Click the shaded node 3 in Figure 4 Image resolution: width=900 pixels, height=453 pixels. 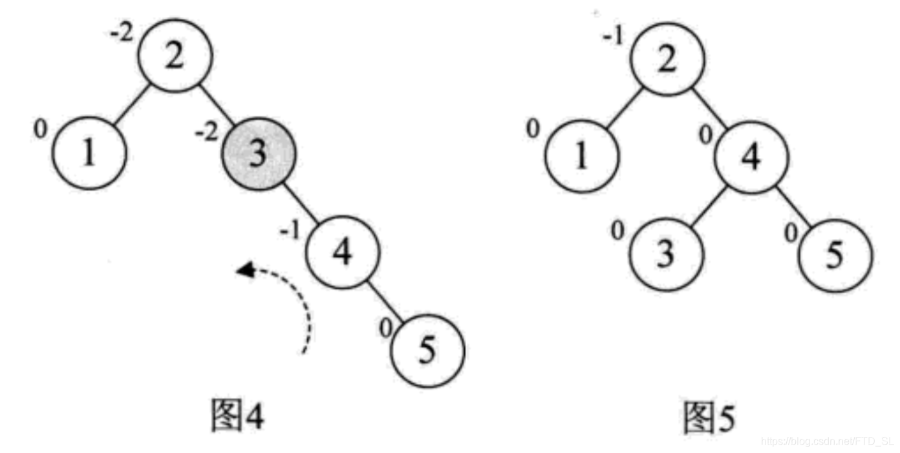pyautogui.click(x=259, y=154)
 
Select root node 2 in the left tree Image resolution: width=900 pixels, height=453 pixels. pyautogui.click(x=175, y=57)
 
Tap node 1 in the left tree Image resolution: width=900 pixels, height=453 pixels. pyautogui.click(x=89, y=154)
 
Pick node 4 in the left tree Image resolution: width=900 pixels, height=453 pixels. pyautogui.click(x=342, y=251)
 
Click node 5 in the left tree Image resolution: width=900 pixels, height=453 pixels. pyautogui.click(x=427, y=349)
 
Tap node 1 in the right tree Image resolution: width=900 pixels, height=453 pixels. pyautogui.click(x=582, y=155)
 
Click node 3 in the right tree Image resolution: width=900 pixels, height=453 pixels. pyautogui.click(x=666, y=252)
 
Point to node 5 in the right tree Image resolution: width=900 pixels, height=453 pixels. pyautogui.click(x=835, y=254)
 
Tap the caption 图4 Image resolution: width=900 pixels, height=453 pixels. pyautogui.click(x=237, y=415)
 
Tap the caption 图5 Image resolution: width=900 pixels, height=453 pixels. pyautogui.click(x=709, y=417)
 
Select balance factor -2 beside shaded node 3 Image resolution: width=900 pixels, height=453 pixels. pyautogui.click(x=208, y=133)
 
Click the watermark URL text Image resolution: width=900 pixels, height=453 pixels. pyautogui.click(x=834, y=441)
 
